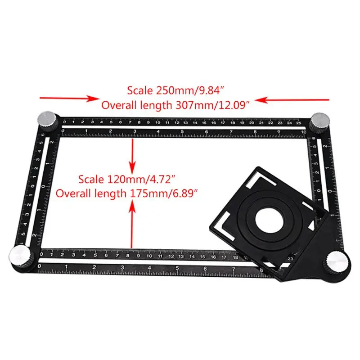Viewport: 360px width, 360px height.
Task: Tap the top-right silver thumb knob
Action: (x=321, y=122)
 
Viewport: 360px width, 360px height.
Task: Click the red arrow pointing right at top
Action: (x=70, y=98)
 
